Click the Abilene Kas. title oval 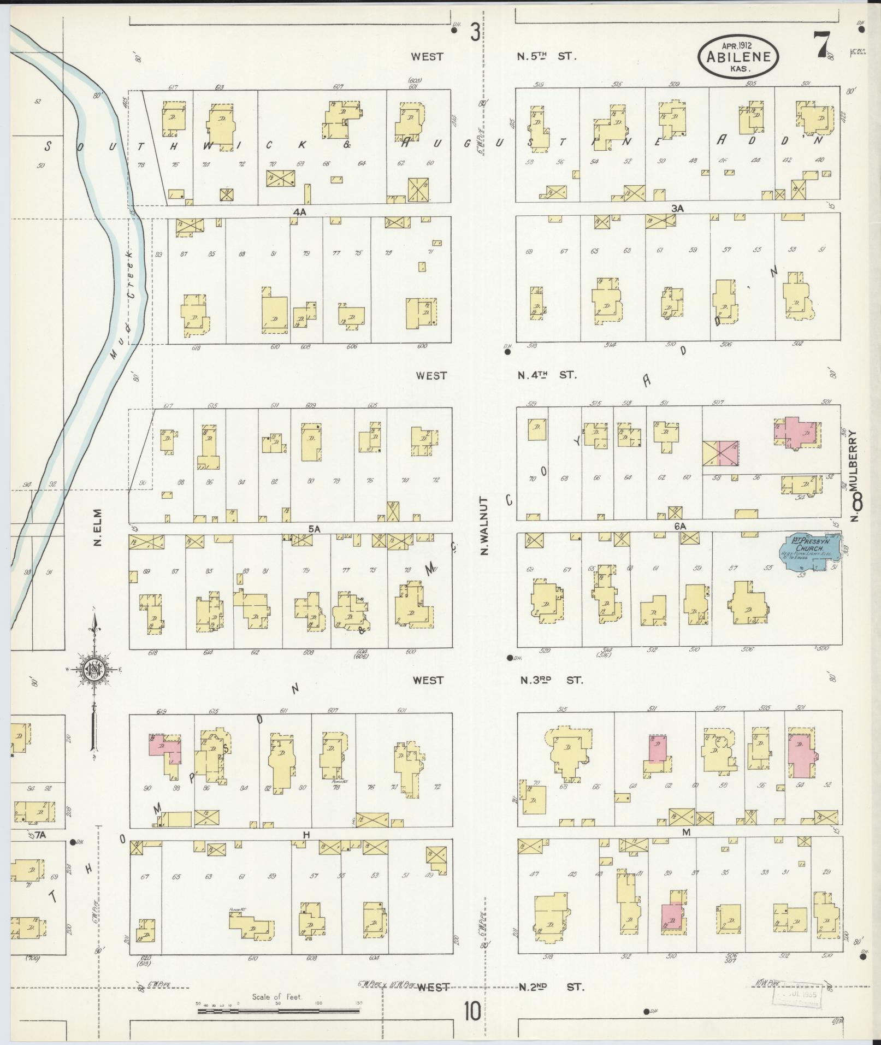click(x=738, y=57)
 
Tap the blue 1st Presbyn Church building click(x=808, y=552)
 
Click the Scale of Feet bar click(x=279, y=1012)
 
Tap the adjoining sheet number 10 click(x=472, y=1012)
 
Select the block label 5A click(x=314, y=529)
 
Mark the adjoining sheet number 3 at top click(x=475, y=34)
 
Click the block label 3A click(x=678, y=208)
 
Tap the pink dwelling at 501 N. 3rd click(x=800, y=755)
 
